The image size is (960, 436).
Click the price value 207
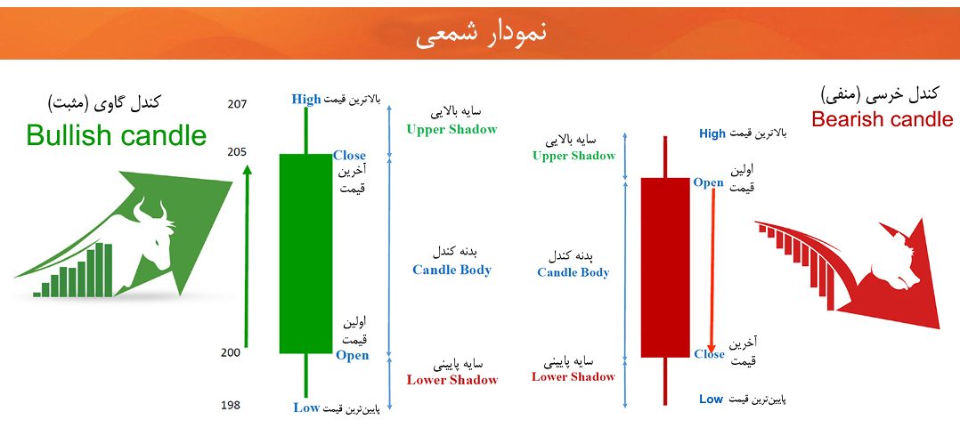tap(237, 104)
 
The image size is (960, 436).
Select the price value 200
tap(232, 352)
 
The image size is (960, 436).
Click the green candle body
tap(305, 254)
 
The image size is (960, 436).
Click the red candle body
tap(665, 268)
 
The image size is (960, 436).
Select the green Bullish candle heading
tap(117, 135)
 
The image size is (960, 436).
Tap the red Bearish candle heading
tap(883, 118)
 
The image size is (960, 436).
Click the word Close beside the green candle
tap(349, 156)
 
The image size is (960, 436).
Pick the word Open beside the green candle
tap(352, 355)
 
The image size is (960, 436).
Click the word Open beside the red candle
tap(708, 182)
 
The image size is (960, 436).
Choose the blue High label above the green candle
tap(306, 99)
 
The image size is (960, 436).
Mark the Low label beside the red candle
tap(711, 400)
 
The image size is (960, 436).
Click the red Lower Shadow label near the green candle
tap(452, 380)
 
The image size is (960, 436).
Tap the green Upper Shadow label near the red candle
tap(574, 156)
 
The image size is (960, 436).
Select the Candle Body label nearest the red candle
tap(574, 273)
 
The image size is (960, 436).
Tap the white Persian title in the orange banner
tap(481, 33)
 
